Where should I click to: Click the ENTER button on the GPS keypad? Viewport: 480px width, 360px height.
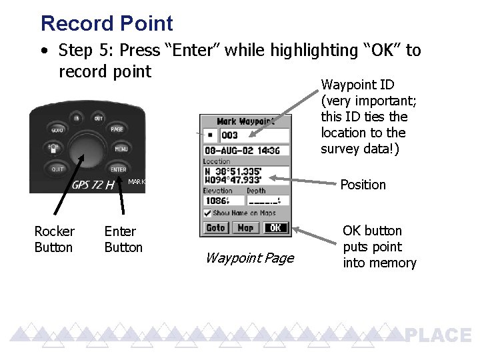tap(118, 169)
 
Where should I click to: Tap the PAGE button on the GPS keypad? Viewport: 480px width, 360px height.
tap(117, 129)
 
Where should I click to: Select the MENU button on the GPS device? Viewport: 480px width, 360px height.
tap(121, 149)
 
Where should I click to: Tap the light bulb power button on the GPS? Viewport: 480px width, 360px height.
tap(53, 149)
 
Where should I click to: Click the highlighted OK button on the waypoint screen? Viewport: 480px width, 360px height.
tap(275, 228)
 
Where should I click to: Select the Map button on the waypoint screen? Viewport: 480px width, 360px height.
tap(245, 228)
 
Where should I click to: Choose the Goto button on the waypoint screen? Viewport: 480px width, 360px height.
tap(215, 228)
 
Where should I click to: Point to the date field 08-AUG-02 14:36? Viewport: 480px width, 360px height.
tap(245, 150)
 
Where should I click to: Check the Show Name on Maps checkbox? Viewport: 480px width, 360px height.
tap(207, 213)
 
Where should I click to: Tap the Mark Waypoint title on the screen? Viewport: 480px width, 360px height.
tap(245, 121)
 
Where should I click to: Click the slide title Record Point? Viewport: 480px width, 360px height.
tap(107, 23)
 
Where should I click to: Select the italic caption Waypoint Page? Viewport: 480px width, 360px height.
tap(249, 258)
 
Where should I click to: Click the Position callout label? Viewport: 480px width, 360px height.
tap(363, 185)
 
